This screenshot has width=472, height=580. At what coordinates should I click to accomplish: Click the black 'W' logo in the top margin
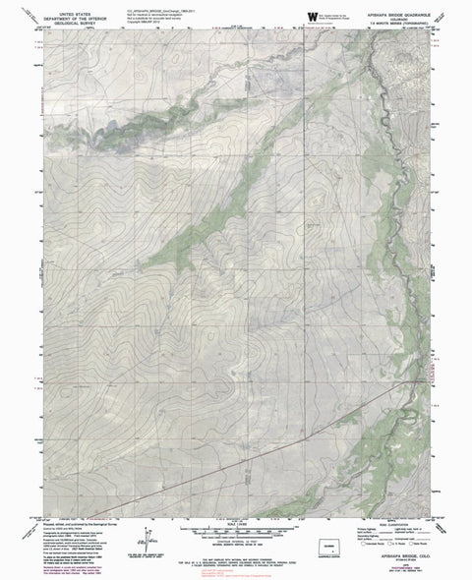click(312, 15)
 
